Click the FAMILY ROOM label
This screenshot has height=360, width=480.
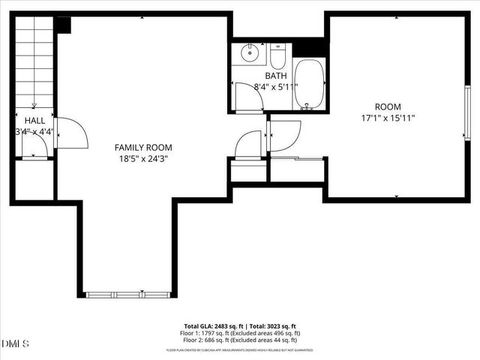click(x=142, y=148)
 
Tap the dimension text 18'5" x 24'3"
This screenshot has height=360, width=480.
click(x=142, y=159)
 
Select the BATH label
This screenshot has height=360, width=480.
click(x=276, y=76)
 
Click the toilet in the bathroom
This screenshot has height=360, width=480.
click(x=277, y=55)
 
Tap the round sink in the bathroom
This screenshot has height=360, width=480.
click(x=250, y=54)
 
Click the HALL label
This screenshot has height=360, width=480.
click(x=34, y=120)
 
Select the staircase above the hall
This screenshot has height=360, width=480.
click(x=34, y=64)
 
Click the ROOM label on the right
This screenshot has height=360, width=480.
click(x=388, y=106)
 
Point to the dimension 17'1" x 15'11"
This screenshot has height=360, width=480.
click(x=388, y=118)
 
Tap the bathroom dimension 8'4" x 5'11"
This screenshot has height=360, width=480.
click(x=276, y=86)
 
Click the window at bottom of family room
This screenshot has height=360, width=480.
click(x=126, y=294)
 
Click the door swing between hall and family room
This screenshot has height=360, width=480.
click(x=70, y=133)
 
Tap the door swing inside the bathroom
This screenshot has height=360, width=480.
click(x=247, y=96)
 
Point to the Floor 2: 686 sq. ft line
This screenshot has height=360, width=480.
click(x=240, y=339)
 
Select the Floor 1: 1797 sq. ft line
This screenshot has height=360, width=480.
click(x=240, y=333)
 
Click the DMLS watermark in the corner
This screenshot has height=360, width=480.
click(x=15, y=343)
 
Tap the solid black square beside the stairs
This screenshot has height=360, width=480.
click(x=62, y=25)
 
